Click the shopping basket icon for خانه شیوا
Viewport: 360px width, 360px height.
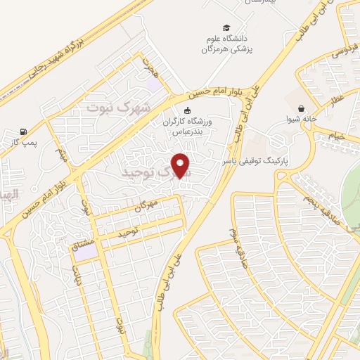tap(302, 109)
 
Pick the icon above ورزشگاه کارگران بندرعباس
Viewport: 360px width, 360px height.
tap(187, 110)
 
